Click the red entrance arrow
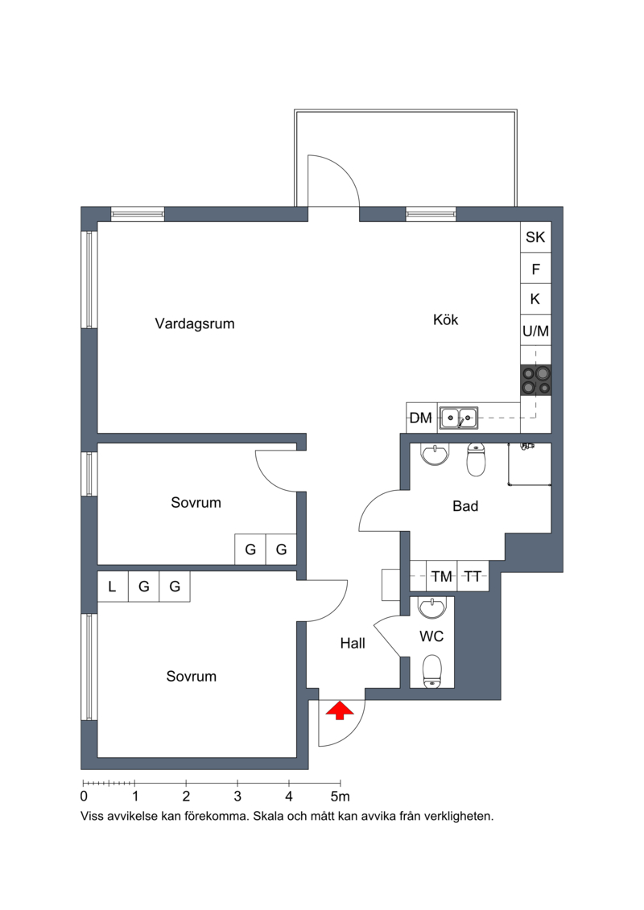[x=340, y=711]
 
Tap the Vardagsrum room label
[x=195, y=323]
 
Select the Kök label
[x=445, y=319]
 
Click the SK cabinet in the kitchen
[x=535, y=237]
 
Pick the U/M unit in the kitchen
[x=535, y=331]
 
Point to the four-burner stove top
[x=535, y=380]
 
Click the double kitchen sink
[x=458, y=418]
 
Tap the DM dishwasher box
[x=421, y=418]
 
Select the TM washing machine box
[x=441, y=576]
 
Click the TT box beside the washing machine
[x=473, y=576]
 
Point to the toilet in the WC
[x=431, y=672]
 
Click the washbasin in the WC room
[x=431, y=607]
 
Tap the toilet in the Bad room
[x=476, y=459]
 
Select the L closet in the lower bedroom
[x=112, y=587]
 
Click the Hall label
[x=353, y=643]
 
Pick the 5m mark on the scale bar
[x=341, y=797]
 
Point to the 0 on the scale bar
[x=84, y=797]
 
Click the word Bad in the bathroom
[x=465, y=506]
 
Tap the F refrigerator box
[x=535, y=269]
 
